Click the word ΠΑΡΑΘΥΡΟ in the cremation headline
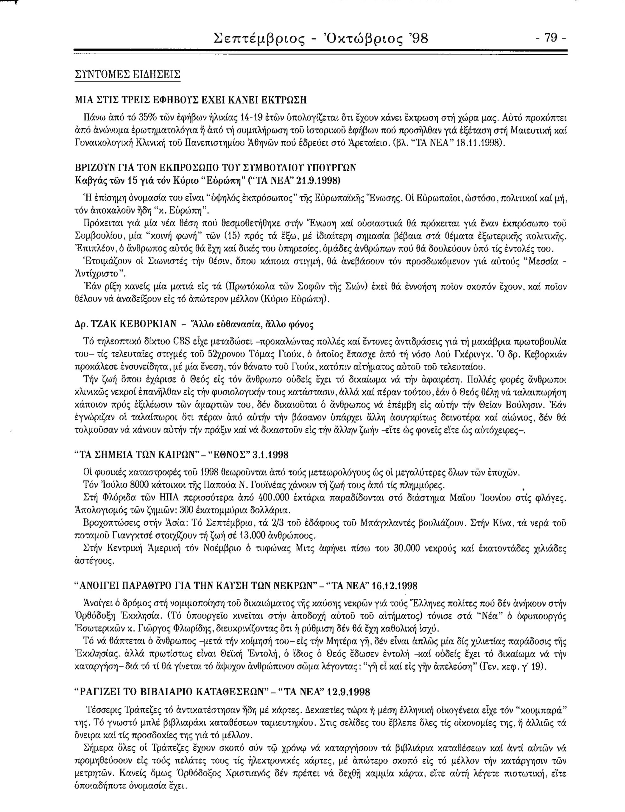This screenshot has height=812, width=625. click(x=141, y=586)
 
